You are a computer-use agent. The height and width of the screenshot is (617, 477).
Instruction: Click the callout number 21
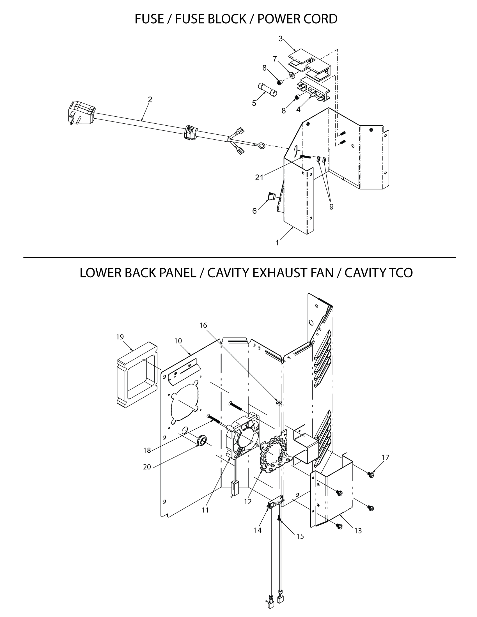coord(259,178)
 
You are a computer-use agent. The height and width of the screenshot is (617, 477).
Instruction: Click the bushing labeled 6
coord(272,195)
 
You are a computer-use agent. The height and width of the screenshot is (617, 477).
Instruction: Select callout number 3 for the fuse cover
coord(280,39)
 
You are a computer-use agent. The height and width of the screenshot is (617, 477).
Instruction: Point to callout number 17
coord(386,457)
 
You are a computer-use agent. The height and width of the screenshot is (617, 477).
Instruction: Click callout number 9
coord(331,207)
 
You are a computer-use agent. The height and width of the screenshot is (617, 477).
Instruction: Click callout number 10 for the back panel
coord(178,341)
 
